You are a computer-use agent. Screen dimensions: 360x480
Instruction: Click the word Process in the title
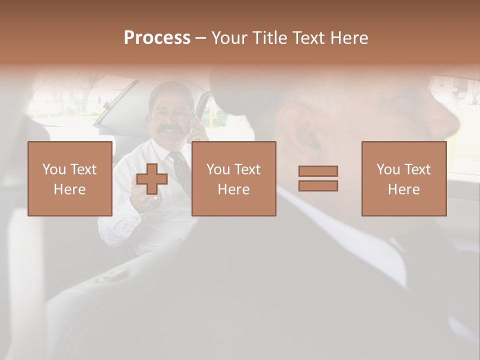[x=157, y=38]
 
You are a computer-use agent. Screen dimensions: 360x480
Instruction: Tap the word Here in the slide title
[x=348, y=38]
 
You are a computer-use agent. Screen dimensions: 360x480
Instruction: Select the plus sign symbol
[x=152, y=179]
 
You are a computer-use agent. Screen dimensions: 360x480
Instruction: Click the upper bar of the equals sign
[x=318, y=171]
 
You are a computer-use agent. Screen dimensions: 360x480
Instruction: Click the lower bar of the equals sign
[x=318, y=185]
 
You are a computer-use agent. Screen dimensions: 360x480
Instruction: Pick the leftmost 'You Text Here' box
[x=69, y=178]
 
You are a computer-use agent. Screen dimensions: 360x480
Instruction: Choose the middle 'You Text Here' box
[x=233, y=178]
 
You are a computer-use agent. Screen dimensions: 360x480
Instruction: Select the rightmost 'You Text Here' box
[x=403, y=178]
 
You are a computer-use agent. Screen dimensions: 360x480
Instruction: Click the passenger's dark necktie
[x=181, y=170]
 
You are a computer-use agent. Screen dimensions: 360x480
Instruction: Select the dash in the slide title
[x=200, y=38]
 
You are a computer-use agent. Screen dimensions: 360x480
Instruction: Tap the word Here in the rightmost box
[x=403, y=189]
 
